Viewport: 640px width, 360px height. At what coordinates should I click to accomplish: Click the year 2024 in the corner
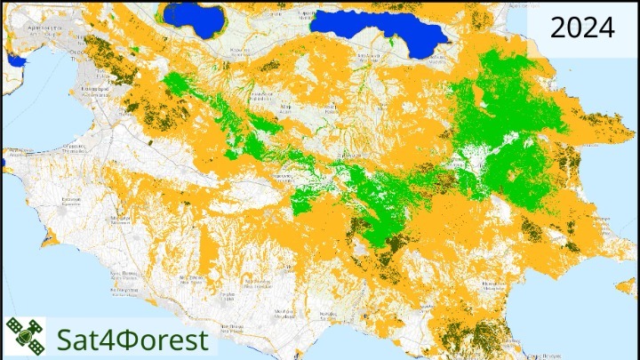(x=582, y=28)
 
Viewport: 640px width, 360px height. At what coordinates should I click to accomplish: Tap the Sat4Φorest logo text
(x=132, y=339)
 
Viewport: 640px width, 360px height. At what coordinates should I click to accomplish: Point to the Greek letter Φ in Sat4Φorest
(x=126, y=339)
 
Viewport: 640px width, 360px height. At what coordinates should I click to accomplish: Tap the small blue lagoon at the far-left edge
(x=14, y=60)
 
